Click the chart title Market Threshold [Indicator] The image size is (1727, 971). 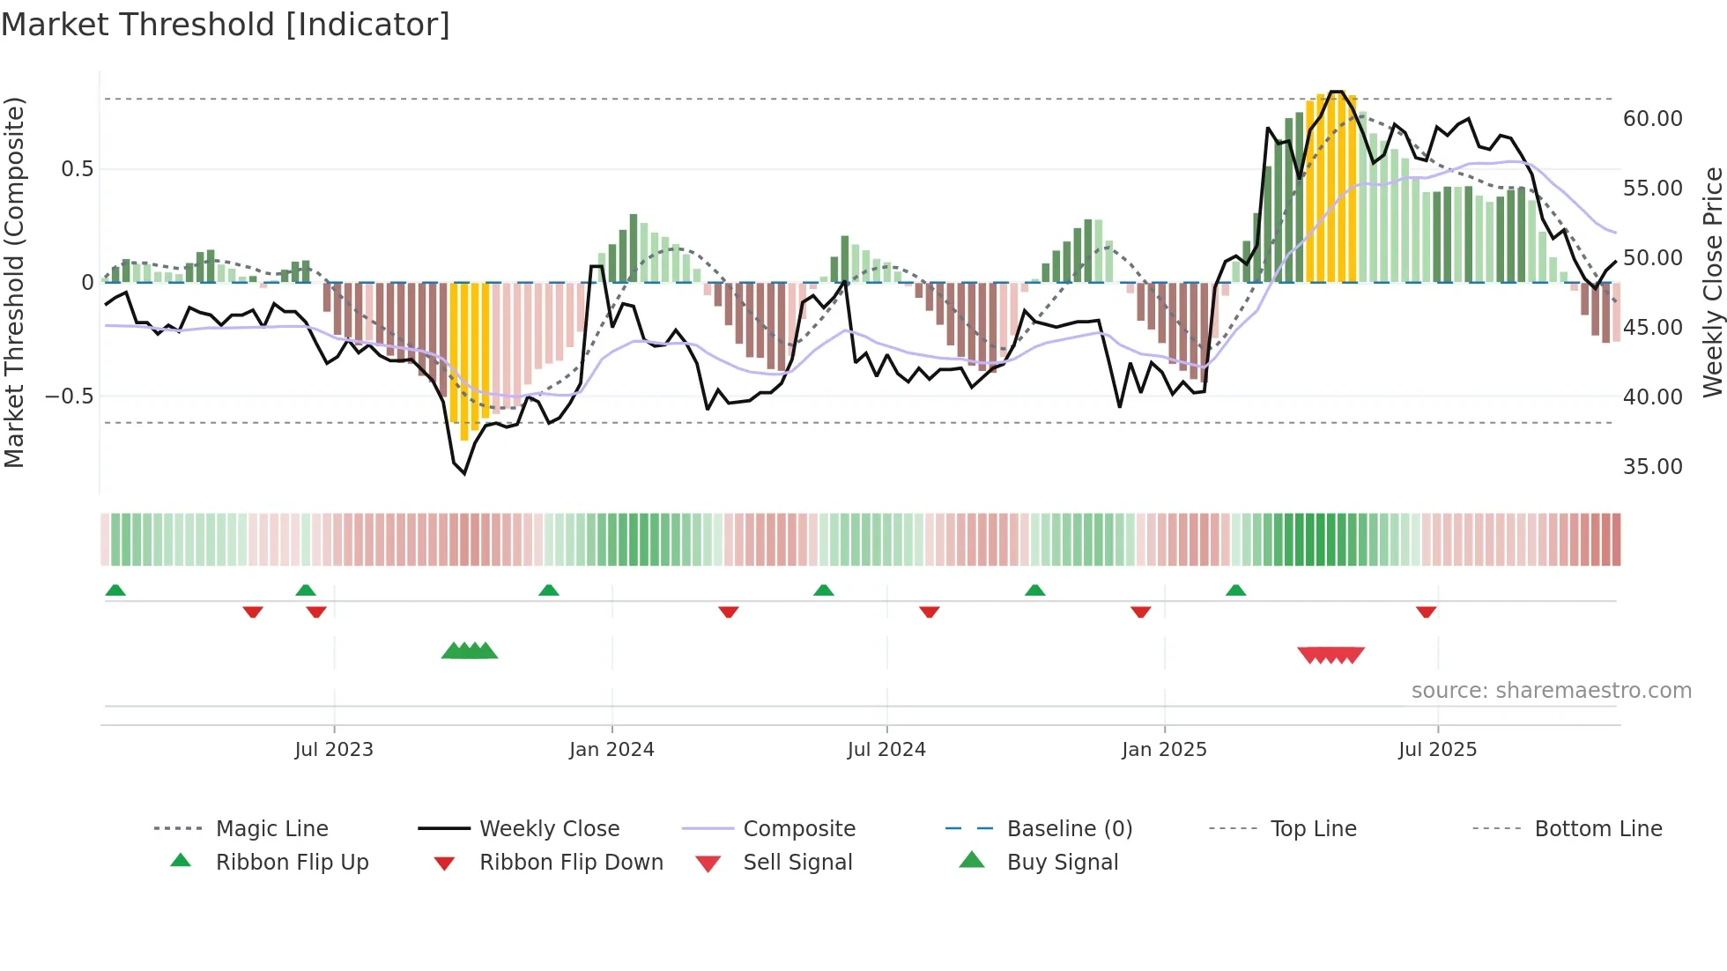(226, 25)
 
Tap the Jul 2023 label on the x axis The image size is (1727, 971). (334, 750)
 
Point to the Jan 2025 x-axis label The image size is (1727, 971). (1164, 750)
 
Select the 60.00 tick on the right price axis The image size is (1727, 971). (1652, 118)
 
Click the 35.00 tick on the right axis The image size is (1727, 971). (1652, 466)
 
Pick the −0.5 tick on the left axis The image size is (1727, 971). (69, 396)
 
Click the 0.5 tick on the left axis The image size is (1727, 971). (77, 168)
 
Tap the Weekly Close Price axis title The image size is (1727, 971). (1712, 282)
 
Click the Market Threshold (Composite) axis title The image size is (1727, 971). (14, 282)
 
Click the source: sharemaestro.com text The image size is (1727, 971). (1551, 691)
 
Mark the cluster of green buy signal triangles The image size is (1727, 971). (470, 651)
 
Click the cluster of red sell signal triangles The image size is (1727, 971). (1330, 655)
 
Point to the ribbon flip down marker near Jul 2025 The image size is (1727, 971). (1426, 612)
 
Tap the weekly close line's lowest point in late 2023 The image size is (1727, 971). (464, 473)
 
